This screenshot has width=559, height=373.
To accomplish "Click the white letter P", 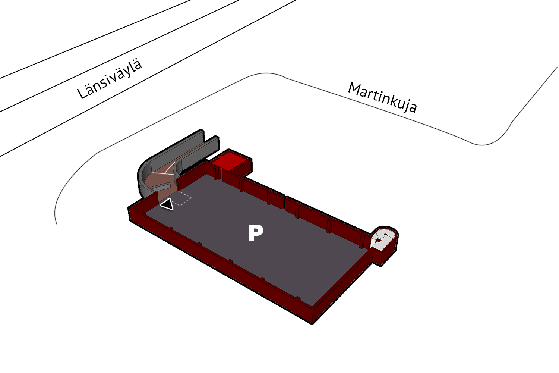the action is (x=255, y=233).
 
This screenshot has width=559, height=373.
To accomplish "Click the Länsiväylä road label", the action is (x=110, y=79).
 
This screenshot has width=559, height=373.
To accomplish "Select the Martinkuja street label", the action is (x=382, y=97).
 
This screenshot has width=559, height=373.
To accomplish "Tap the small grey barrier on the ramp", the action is (x=161, y=186).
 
